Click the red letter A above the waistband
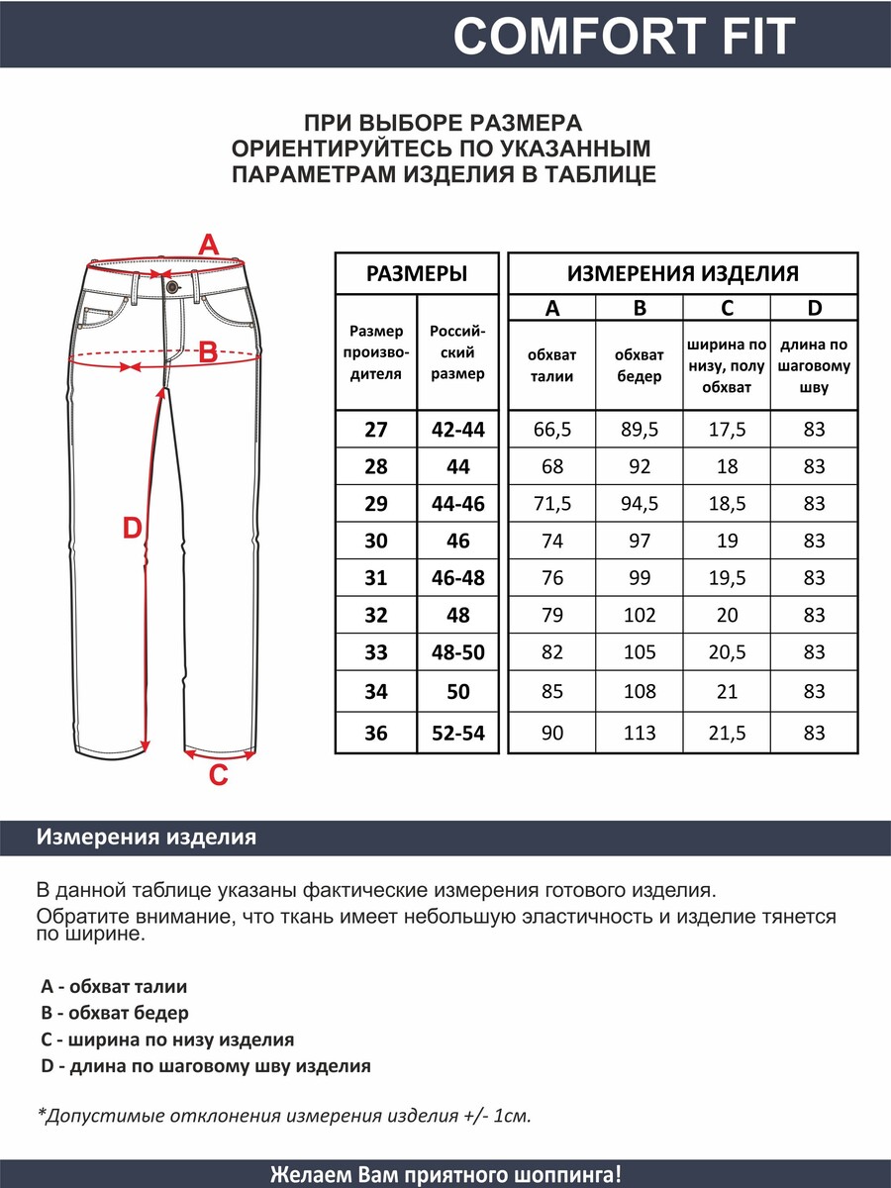[209, 244]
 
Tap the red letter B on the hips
[208, 351]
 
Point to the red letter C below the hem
[219, 775]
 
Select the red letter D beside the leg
[132, 529]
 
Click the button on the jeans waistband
[172, 286]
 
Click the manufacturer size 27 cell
[376, 430]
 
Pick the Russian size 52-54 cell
[458, 734]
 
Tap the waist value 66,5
[552, 430]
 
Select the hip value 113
[640, 734]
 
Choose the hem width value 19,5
[728, 578]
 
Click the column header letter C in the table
[728, 308]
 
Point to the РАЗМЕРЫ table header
[417, 274]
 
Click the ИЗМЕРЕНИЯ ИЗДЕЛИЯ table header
[683, 274]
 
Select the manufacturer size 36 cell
[376, 734]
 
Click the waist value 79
[552, 615]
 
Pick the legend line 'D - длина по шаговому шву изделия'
[206, 1066]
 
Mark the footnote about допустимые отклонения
[284, 1116]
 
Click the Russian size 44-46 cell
[458, 504]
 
